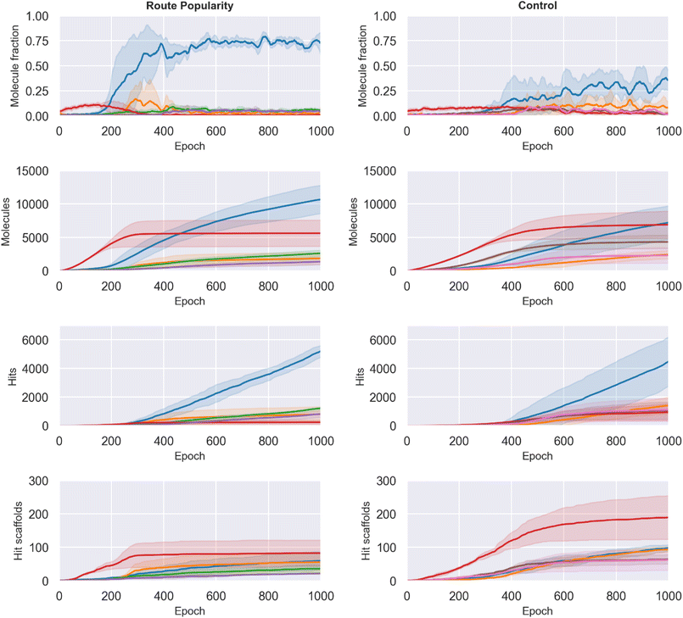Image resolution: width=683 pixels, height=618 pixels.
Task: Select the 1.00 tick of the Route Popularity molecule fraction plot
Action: [36, 16]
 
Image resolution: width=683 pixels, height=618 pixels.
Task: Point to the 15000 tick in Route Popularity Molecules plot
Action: [31, 171]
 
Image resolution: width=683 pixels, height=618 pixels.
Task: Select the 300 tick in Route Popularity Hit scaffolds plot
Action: [40, 481]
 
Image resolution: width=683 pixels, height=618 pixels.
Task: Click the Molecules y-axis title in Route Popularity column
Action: [7, 221]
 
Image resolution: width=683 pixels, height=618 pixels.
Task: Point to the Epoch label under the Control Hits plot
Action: [538, 456]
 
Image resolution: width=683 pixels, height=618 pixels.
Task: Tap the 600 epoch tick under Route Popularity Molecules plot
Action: [216, 286]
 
